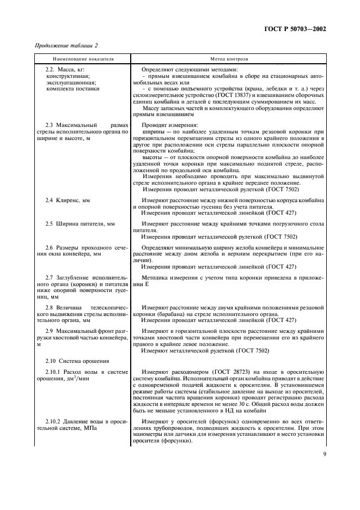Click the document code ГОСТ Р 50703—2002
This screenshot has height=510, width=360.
(298, 29)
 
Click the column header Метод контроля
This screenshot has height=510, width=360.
(229, 58)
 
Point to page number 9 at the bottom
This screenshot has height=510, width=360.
(324, 466)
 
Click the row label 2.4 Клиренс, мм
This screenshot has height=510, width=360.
(68, 201)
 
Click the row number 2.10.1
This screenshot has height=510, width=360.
(56, 372)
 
